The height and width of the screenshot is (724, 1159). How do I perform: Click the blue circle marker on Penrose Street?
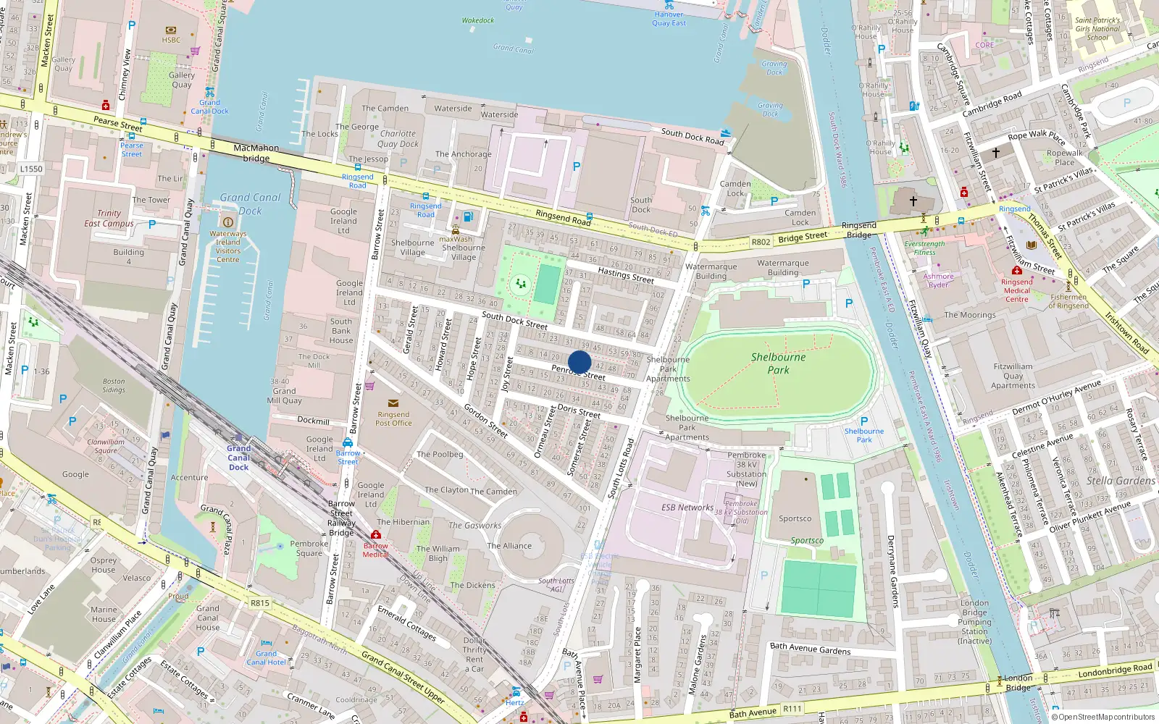(579, 362)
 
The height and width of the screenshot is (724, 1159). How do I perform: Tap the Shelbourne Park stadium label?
(778, 363)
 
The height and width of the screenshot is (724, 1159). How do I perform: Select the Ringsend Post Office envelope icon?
(393, 403)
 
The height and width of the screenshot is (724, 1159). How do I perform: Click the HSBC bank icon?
(171, 30)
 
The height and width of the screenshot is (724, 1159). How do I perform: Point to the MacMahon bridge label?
(256, 153)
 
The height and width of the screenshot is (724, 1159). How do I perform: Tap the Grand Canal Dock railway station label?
(238, 458)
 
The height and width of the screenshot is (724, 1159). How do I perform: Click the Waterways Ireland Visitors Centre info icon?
(227, 222)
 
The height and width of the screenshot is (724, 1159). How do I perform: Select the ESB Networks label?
(687, 508)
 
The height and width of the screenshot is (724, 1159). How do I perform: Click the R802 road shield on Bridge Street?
(761, 243)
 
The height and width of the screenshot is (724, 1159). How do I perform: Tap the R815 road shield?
(259, 602)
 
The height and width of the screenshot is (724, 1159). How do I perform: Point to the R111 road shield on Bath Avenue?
(792, 709)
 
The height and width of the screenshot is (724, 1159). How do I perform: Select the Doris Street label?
(578, 411)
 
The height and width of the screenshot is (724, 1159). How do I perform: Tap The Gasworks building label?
(474, 526)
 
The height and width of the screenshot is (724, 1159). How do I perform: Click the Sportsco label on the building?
(795, 518)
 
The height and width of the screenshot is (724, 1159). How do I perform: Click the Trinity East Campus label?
(109, 218)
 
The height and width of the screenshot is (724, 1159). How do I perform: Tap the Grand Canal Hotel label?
(266, 657)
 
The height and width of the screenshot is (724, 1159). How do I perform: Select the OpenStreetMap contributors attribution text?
(1105, 717)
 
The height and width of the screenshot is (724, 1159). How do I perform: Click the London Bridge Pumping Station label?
(974, 622)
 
